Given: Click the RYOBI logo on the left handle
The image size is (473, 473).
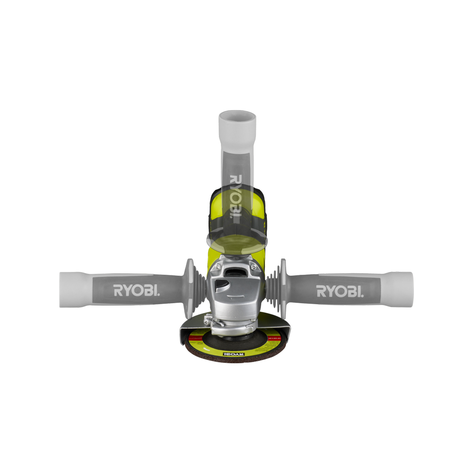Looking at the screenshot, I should click(136, 290).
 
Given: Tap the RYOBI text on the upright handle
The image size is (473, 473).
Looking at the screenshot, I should click(235, 196).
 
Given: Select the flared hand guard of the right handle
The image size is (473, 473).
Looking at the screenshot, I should click(282, 289).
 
